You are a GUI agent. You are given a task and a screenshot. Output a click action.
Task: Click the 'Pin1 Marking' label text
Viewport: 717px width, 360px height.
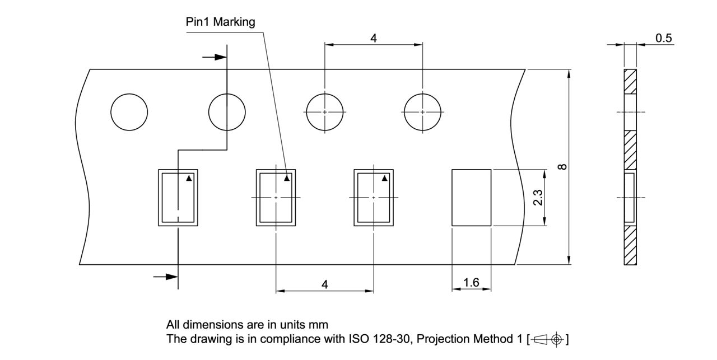(220, 22)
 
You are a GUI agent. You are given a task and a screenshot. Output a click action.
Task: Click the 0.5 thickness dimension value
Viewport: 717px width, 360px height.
(664, 38)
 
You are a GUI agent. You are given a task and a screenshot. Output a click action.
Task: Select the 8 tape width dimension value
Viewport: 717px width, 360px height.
(563, 166)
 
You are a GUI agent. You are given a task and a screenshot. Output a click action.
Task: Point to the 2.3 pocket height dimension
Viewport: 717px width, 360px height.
(537, 198)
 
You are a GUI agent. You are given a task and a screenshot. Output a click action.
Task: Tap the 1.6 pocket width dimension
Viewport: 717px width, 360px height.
(471, 283)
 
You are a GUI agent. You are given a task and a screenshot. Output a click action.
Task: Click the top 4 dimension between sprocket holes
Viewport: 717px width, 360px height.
(373, 38)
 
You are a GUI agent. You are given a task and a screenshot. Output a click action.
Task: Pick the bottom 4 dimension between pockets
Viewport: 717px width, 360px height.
(324, 284)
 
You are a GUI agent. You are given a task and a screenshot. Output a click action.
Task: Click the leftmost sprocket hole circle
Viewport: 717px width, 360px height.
(129, 112)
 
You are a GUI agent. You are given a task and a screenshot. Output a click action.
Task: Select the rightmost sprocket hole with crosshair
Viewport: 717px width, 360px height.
(422, 112)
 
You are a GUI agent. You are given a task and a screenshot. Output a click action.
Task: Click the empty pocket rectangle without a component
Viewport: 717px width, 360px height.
(471, 198)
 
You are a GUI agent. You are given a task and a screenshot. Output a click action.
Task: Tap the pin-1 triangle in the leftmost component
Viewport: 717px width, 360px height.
(189, 179)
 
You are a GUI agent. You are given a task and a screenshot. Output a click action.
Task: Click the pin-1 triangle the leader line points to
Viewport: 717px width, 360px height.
(287, 179)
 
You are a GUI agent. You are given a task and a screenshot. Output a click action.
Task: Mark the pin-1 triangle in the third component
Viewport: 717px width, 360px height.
(384, 179)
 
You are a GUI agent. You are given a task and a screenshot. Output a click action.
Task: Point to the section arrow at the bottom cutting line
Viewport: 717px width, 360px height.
(166, 277)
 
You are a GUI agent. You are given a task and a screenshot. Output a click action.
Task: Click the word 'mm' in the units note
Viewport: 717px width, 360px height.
(320, 325)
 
